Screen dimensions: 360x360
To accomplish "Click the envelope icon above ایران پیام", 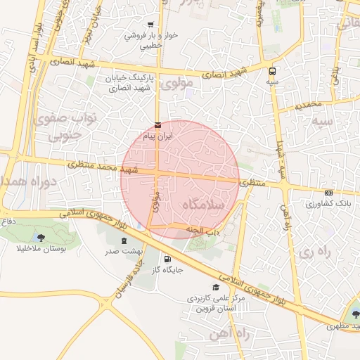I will pyautogui.click(x=157, y=125).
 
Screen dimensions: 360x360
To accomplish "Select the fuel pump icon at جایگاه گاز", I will pyautogui.click(x=166, y=257).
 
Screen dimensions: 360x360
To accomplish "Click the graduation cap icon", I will pyautogui.click(x=216, y=287).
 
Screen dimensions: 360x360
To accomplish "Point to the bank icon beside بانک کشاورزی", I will pyautogui.click(x=328, y=193).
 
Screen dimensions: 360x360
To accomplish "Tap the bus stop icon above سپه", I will pyautogui.click(x=272, y=71).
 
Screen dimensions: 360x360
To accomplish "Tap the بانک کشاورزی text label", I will pyautogui.click(x=328, y=203).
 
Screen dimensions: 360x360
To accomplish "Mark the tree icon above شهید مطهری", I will pyautogui.click(x=354, y=314).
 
